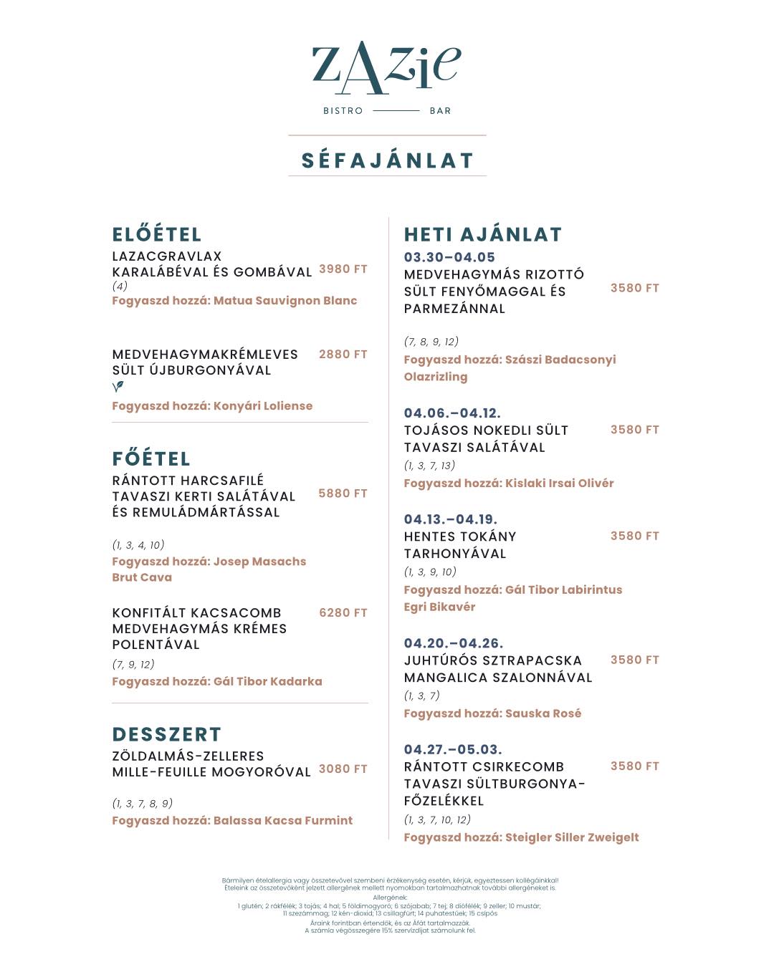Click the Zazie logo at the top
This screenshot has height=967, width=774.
pyautogui.click(x=386, y=68)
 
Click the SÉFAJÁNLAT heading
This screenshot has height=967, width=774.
pyautogui.click(x=387, y=160)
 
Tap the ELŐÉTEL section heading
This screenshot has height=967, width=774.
pyautogui.click(x=157, y=235)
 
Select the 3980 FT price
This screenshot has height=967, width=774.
pyautogui.click(x=343, y=269)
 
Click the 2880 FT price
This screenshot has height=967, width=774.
pyautogui.click(x=343, y=355)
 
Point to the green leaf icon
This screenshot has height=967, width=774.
pyautogui.click(x=118, y=387)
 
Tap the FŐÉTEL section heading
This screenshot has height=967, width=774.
pyautogui.click(x=151, y=459)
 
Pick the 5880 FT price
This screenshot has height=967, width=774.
pyautogui.click(x=343, y=494)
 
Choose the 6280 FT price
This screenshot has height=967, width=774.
pyautogui.click(x=343, y=613)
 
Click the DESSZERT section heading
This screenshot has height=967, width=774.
pyautogui.click(x=167, y=735)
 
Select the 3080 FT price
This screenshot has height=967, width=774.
pyautogui.click(x=343, y=769)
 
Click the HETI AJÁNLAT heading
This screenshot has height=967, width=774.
pyautogui.click(x=483, y=235)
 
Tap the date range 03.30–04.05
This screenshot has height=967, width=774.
pyautogui.click(x=449, y=258)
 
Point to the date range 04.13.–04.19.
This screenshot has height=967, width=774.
pyautogui.click(x=450, y=520)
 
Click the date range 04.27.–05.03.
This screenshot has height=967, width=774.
pyautogui.click(x=453, y=750)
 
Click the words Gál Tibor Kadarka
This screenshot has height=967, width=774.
pyautogui.click(x=268, y=682)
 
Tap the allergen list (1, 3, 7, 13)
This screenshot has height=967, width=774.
pyautogui.click(x=429, y=466)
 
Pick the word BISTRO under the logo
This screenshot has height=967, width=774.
pyautogui.click(x=343, y=111)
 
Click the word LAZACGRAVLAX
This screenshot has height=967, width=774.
pyautogui.click(x=167, y=256)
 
